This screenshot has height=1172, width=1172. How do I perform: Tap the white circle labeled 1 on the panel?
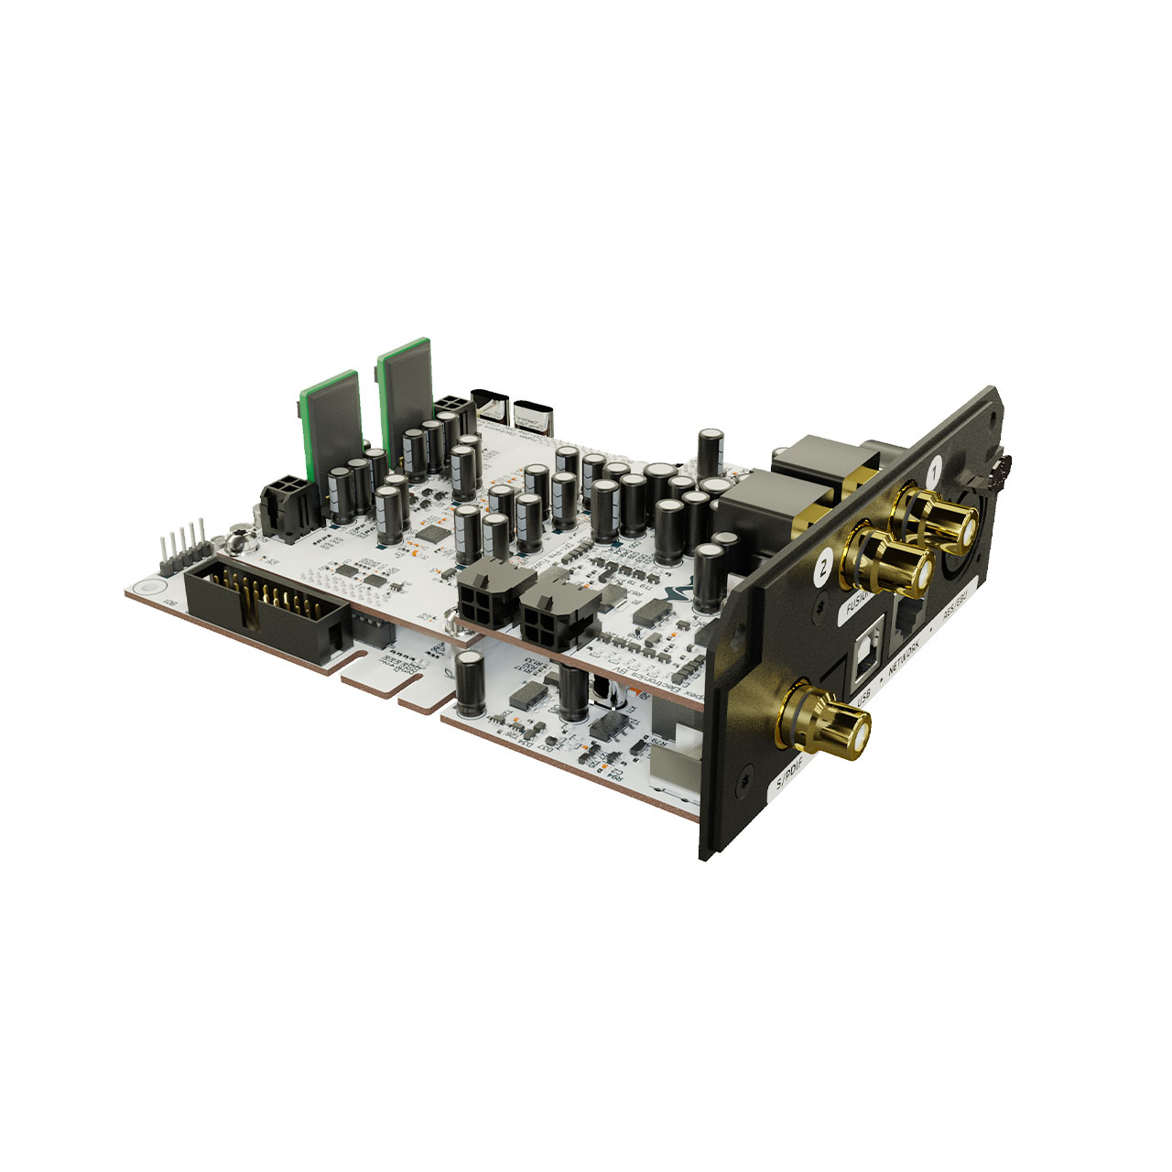[934, 473]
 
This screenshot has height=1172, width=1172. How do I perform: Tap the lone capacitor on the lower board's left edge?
[472, 682]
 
